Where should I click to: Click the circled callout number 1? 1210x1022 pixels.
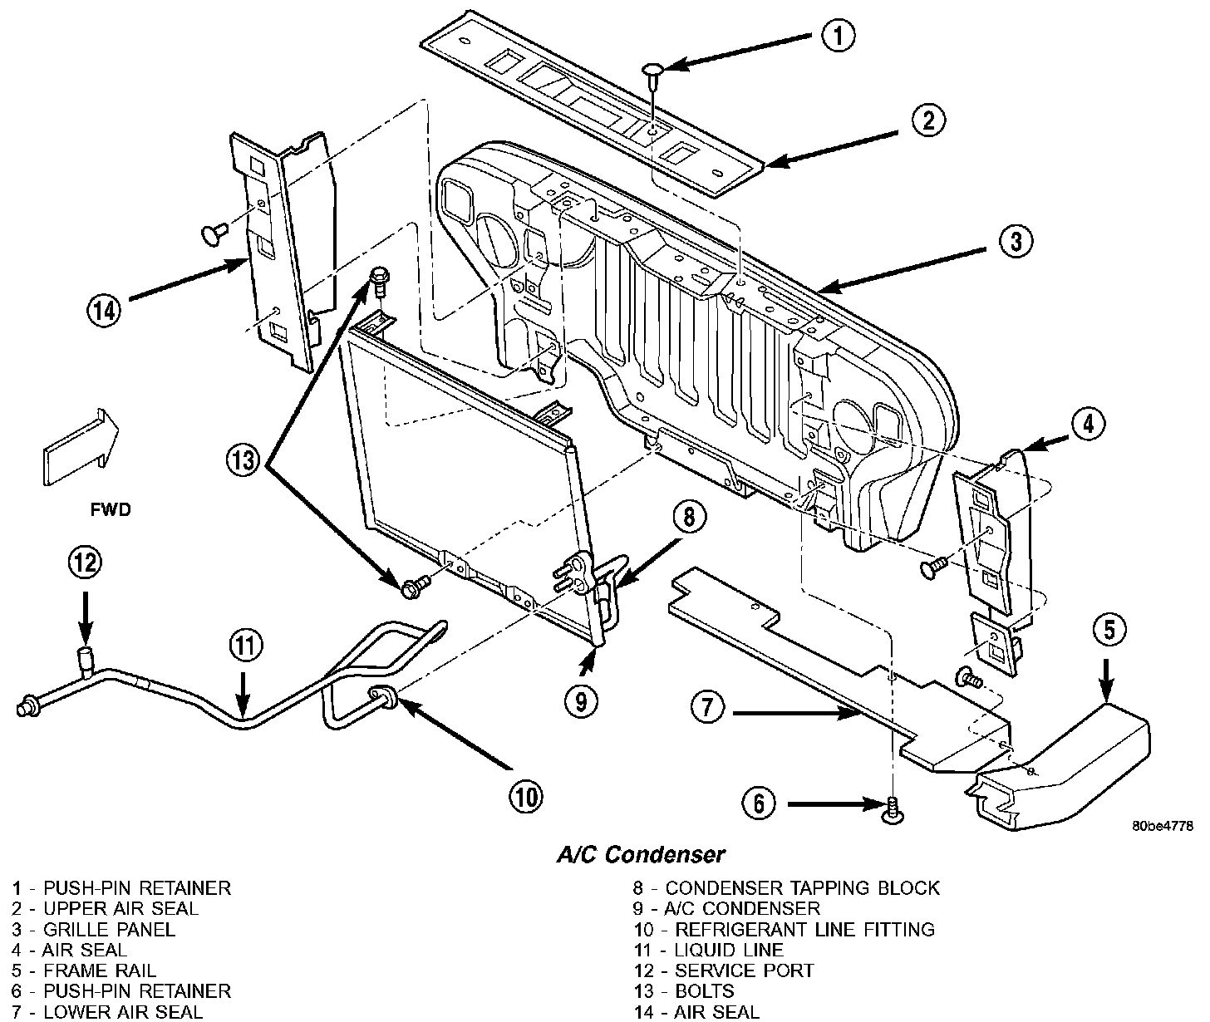(838, 35)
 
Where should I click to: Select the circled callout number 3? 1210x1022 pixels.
(1015, 242)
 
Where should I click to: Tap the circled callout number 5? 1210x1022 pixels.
(1109, 630)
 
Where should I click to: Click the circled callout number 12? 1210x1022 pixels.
(85, 563)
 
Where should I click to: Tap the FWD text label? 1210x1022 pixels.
(111, 509)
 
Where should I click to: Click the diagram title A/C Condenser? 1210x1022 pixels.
(640, 853)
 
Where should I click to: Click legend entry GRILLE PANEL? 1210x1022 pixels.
(94, 929)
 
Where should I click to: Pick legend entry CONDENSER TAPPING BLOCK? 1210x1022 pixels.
(786, 888)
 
